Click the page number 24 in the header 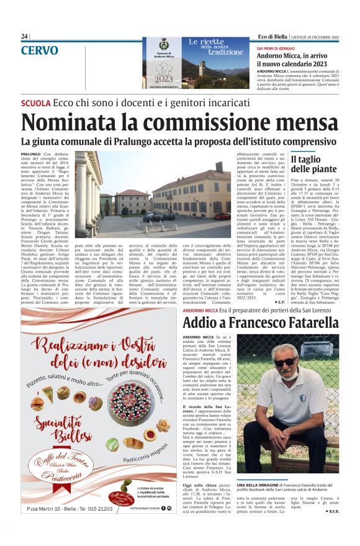24,37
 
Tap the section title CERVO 40,50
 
